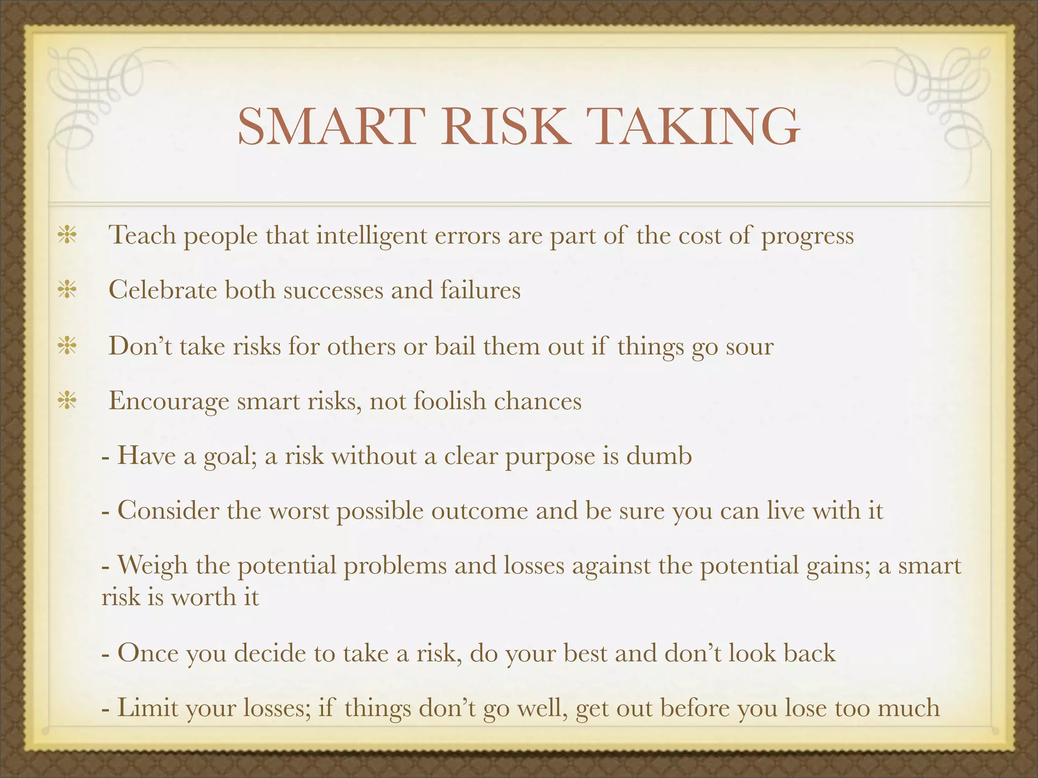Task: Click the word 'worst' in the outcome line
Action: (x=299, y=511)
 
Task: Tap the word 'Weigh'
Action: (x=153, y=566)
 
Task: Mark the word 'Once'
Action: (x=148, y=653)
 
